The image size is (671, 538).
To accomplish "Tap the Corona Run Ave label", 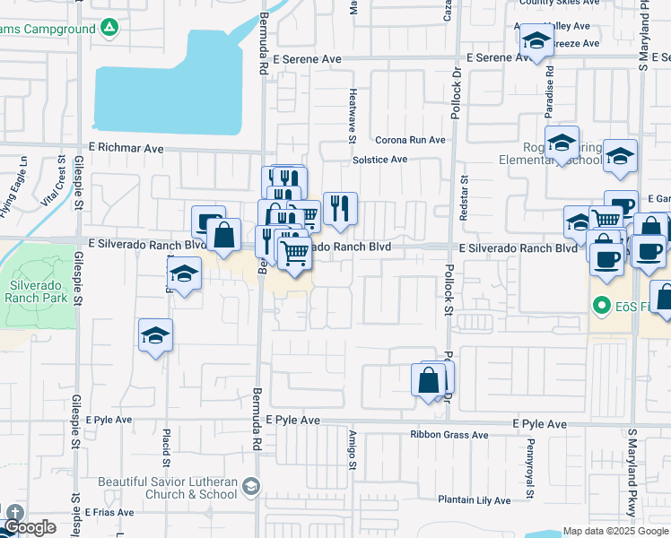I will (410, 140).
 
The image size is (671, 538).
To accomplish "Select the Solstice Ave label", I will (379, 160).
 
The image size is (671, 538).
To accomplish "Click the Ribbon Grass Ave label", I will (449, 435).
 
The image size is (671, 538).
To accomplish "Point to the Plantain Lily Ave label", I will (475, 500).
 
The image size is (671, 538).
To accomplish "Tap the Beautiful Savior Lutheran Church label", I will (169, 488).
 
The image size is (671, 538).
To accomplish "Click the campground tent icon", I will (109, 29).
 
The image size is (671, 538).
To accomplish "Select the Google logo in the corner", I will (29, 527).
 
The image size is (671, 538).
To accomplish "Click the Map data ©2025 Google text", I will (615, 531).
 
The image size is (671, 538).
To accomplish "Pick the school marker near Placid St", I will (155, 336).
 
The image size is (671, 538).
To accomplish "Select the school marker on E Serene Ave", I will (536, 41).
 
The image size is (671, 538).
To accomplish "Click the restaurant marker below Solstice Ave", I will (340, 209).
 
